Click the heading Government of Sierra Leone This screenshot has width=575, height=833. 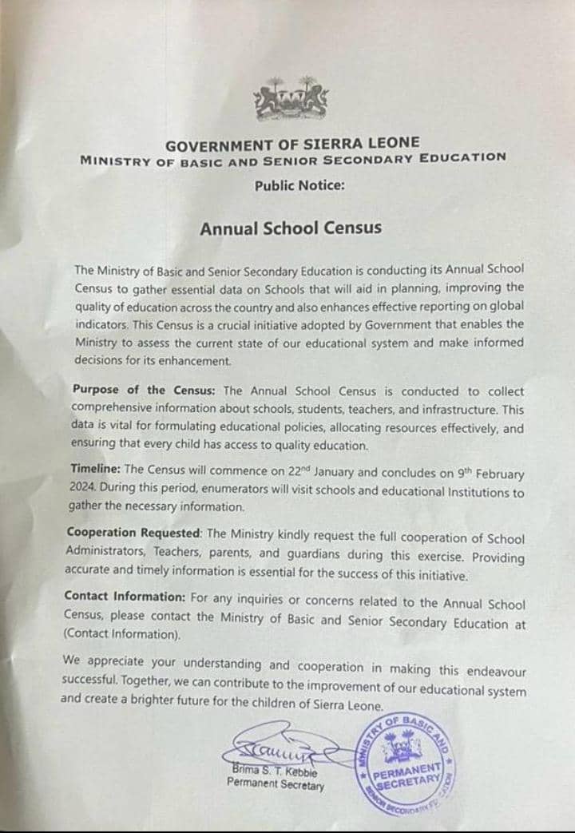[x=292, y=145]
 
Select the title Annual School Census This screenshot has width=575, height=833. [x=291, y=228]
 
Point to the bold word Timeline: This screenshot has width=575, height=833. [x=93, y=469]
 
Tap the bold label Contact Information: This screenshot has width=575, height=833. [x=125, y=596]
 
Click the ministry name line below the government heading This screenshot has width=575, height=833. [x=292, y=159]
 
